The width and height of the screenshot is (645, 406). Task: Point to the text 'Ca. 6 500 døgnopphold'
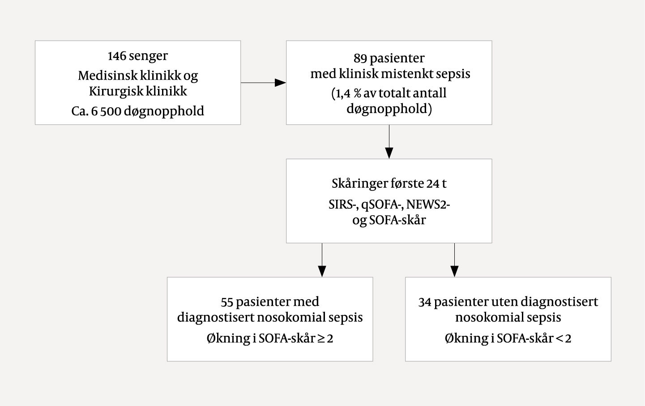tap(137, 111)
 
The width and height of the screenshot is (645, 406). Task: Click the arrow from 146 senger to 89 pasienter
tap(263, 83)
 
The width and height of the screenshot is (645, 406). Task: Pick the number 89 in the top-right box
tap(360, 58)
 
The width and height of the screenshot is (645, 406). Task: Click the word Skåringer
tap(359, 184)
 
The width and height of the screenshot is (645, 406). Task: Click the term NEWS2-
tap(428, 205)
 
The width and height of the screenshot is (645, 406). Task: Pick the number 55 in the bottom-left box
tap(227, 302)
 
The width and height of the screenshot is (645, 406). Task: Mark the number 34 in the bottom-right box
tap(425, 302)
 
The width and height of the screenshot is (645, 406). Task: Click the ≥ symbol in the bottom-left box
tap(321, 338)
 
